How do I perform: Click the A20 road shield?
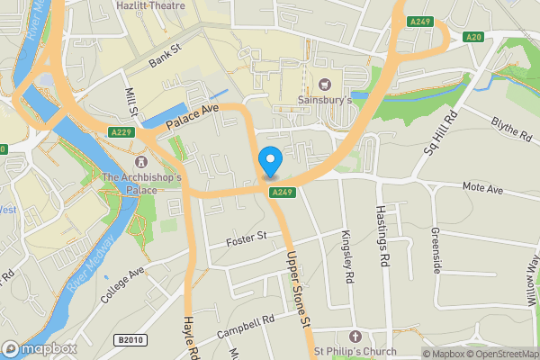(474, 36)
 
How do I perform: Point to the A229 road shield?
(122, 132)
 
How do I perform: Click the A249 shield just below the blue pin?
(281, 192)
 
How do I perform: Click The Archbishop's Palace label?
(141, 184)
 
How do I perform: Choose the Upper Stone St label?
(298, 288)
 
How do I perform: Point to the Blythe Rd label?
(510, 128)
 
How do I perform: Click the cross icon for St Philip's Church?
(354, 335)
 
